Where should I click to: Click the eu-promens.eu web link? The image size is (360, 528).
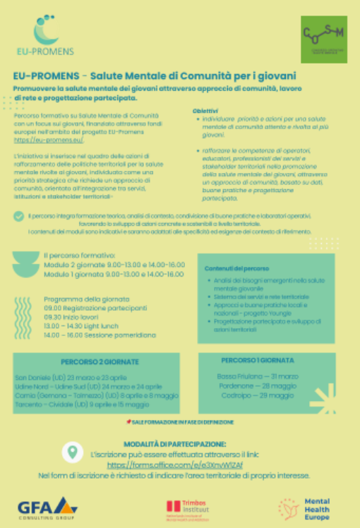tap(39, 141)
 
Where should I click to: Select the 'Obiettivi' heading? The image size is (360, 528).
tap(205, 111)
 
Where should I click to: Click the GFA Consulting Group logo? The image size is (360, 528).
tap(47, 505)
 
